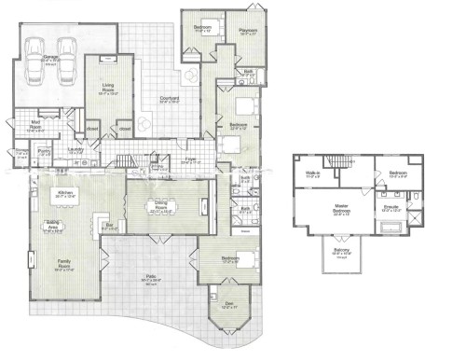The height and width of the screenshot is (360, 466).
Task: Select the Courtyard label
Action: tap(169, 96)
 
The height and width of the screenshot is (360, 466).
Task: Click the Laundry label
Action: tap(76, 147)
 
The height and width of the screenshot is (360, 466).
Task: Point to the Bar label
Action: tap(109, 224)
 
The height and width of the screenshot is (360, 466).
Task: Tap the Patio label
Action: tap(148, 277)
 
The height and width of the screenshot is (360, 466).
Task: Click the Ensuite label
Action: tap(391, 207)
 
